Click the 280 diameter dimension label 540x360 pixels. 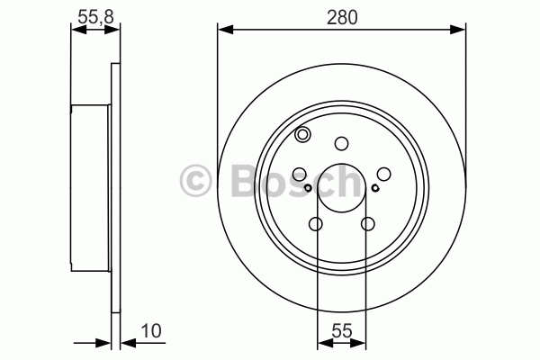tap(342, 17)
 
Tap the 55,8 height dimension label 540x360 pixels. tap(95, 17)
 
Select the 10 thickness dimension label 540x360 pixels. tap(151, 331)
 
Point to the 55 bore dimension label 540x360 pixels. tap(342, 331)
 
